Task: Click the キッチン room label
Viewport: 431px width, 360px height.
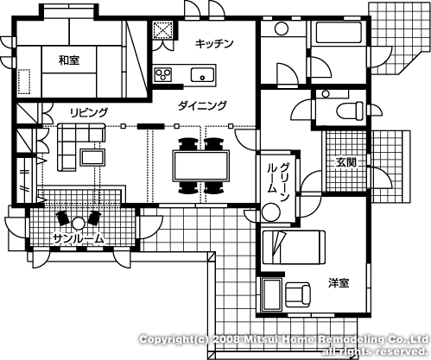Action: tap(214, 43)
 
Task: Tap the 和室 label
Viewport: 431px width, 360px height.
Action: tap(69, 60)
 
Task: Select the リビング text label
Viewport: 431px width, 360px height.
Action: tap(89, 112)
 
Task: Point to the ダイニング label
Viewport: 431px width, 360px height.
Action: tap(202, 105)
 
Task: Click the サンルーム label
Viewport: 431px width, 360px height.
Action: tap(78, 238)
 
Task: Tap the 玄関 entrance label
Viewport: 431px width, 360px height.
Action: tap(346, 162)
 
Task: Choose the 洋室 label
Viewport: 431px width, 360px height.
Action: tap(339, 283)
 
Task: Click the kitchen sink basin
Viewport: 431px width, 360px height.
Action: tap(202, 75)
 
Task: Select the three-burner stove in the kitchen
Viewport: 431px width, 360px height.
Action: tap(163, 74)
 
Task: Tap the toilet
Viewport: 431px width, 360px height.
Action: tap(350, 111)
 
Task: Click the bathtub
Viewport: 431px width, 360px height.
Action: tap(339, 33)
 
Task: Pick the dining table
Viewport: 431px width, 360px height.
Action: tap(201, 166)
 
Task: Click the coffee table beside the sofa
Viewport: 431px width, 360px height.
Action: tap(92, 157)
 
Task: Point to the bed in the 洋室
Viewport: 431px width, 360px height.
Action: tap(294, 247)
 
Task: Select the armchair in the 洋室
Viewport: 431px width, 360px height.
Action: tap(298, 294)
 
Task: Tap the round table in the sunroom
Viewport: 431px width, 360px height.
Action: tap(78, 223)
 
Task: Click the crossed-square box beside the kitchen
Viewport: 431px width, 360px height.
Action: tap(163, 29)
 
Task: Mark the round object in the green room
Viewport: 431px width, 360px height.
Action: tap(270, 212)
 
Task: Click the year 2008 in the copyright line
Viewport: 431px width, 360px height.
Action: tap(226, 339)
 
